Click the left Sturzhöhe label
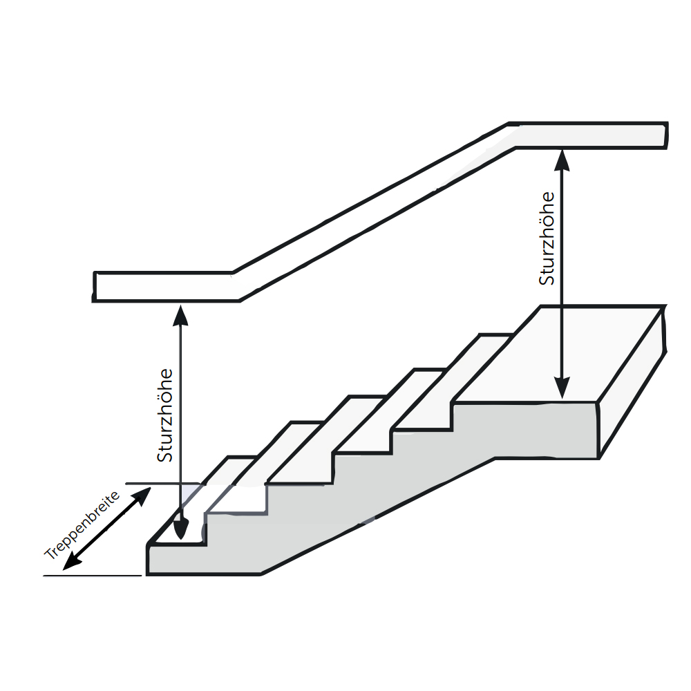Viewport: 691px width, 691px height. pyautogui.click(x=165, y=415)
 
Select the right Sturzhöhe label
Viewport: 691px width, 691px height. pyautogui.click(x=547, y=238)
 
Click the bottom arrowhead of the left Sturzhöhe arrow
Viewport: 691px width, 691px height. pyautogui.click(x=180, y=529)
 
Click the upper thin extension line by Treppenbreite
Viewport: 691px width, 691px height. pyautogui.click(x=162, y=484)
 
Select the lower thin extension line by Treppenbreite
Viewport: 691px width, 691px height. pyautogui.click(x=93, y=575)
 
